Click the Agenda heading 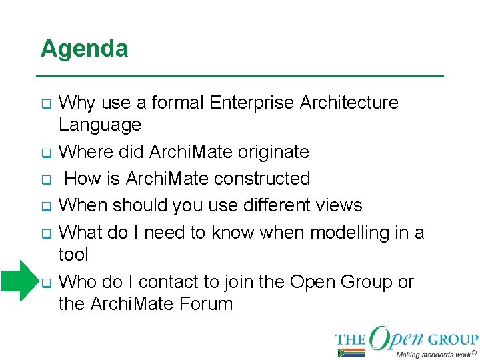point(84,49)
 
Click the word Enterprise point(252,103)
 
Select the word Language point(100,125)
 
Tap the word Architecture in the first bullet point(349,103)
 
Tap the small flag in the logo point(351,352)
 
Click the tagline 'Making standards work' point(433,354)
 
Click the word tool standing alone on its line point(73,255)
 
